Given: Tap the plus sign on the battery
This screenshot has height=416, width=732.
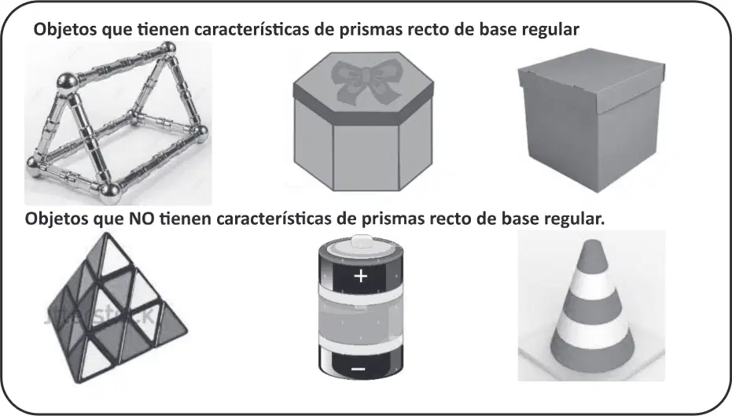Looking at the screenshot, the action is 360,276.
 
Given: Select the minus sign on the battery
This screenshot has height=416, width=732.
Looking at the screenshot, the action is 358,370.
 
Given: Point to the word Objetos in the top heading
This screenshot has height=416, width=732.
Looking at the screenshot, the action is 66,29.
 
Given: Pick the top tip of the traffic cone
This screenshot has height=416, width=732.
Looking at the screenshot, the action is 592,241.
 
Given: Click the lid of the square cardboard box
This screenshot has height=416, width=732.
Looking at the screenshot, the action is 591,79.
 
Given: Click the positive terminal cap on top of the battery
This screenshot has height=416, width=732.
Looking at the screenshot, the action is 360,242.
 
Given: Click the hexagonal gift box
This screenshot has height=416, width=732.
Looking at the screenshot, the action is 363,121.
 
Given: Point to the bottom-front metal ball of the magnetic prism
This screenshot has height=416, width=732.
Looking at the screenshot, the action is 110,193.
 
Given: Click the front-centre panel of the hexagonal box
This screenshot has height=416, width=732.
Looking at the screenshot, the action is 366,156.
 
